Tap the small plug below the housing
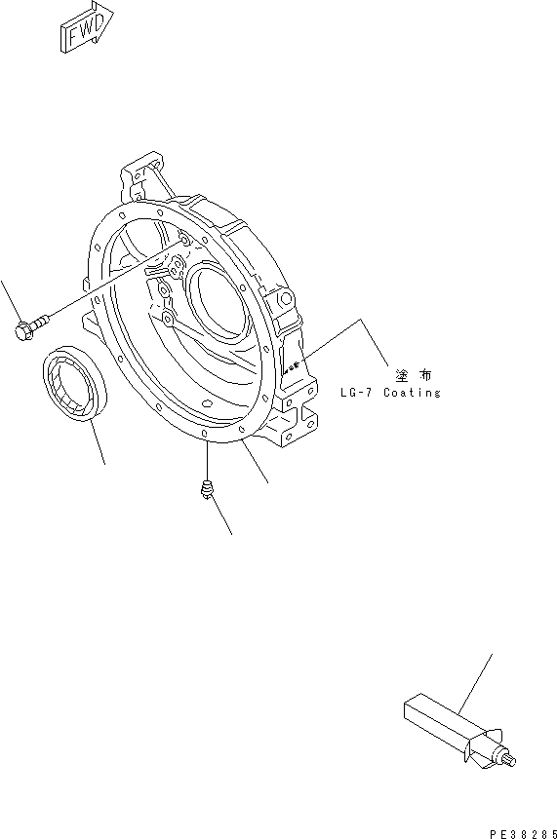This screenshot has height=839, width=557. (206, 490)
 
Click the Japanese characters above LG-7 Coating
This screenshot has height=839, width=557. (414, 374)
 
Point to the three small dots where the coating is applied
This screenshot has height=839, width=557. (289, 368)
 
